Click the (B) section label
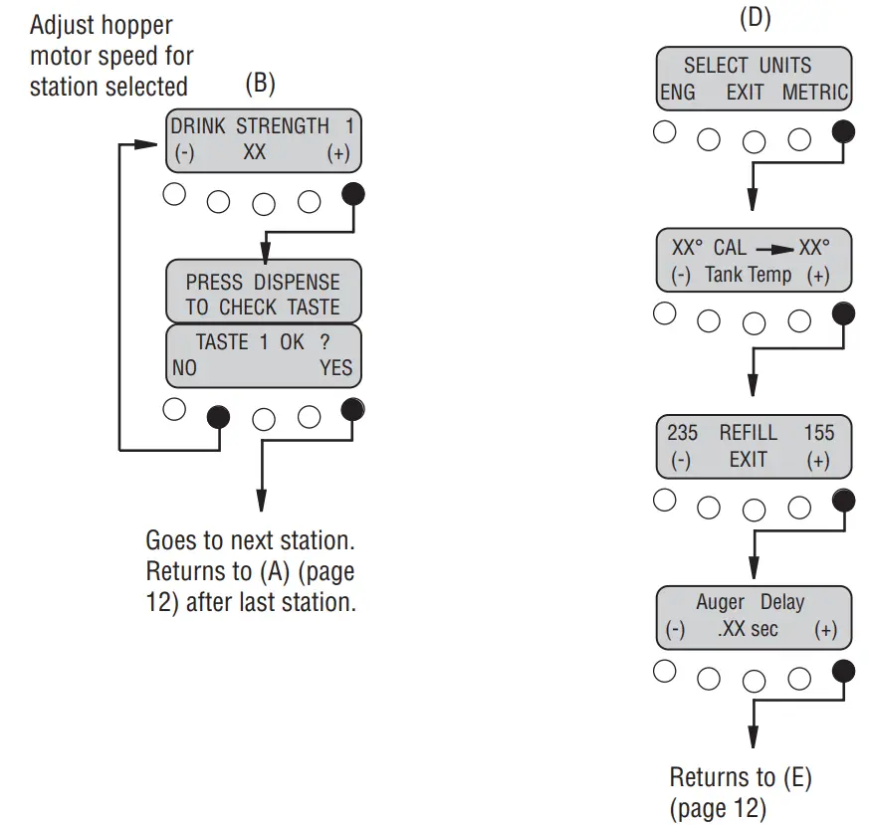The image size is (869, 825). click(260, 84)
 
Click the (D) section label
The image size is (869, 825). click(754, 19)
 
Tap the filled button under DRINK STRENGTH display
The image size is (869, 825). click(352, 194)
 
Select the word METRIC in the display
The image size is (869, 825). click(814, 93)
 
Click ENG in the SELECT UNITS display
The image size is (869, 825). click(678, 93)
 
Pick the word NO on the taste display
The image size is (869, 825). click(184, 367)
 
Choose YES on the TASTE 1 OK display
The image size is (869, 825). click(335, 367)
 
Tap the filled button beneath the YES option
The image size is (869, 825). click(352, 409)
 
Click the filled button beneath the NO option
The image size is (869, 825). click(217, 416)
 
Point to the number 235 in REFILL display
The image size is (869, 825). click(682, 433)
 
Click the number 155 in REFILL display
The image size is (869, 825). click(818, 433)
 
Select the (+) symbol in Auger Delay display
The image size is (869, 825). click(825, 630)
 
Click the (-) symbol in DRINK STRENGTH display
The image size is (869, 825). click(183, 154)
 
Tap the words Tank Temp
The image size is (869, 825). click(749, 276)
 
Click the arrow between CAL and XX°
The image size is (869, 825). click(773, 249)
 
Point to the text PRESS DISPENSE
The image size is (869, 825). click(263, 282)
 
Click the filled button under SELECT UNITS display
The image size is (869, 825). click(842, 131)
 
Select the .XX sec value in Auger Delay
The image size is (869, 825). click(748, 630)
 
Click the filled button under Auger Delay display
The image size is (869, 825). click(842, 672)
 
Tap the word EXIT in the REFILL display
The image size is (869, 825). click(748, 459)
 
